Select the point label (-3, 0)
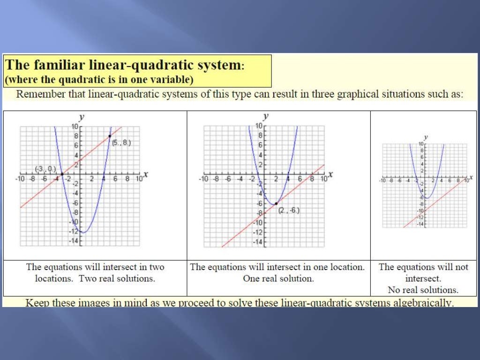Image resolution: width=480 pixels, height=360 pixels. (46, 169)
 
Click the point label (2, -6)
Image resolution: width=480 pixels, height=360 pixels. (289, 211)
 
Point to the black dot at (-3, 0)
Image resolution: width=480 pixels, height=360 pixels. (62, 174)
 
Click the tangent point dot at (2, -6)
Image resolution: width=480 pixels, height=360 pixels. (276, 203)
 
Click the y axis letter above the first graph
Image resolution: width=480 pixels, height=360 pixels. (82, 117)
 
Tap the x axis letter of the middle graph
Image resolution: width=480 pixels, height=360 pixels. (330, 174)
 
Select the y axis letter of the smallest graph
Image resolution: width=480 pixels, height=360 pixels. (426, 137)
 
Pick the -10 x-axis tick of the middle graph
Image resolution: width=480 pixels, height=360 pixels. (203, 180)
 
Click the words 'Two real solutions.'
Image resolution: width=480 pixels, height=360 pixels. (117, 278)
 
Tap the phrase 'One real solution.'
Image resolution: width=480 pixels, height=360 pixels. (278, 278)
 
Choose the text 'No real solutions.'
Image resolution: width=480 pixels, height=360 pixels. (423, 290)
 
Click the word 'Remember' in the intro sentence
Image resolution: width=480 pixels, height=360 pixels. (39, 94)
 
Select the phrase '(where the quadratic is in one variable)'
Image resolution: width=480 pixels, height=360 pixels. (99, 80)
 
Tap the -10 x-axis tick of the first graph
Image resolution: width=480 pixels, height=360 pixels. (20, 180)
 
